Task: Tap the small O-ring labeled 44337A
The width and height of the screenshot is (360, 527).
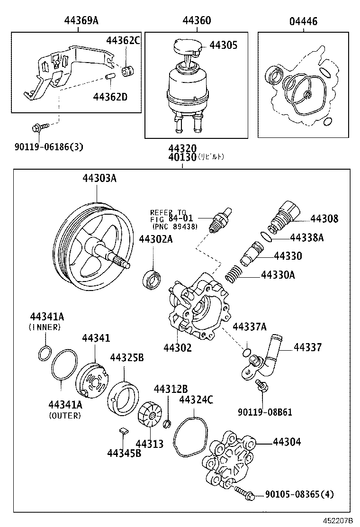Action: [246, 352]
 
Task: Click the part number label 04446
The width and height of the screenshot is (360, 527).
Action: [303, 21]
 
